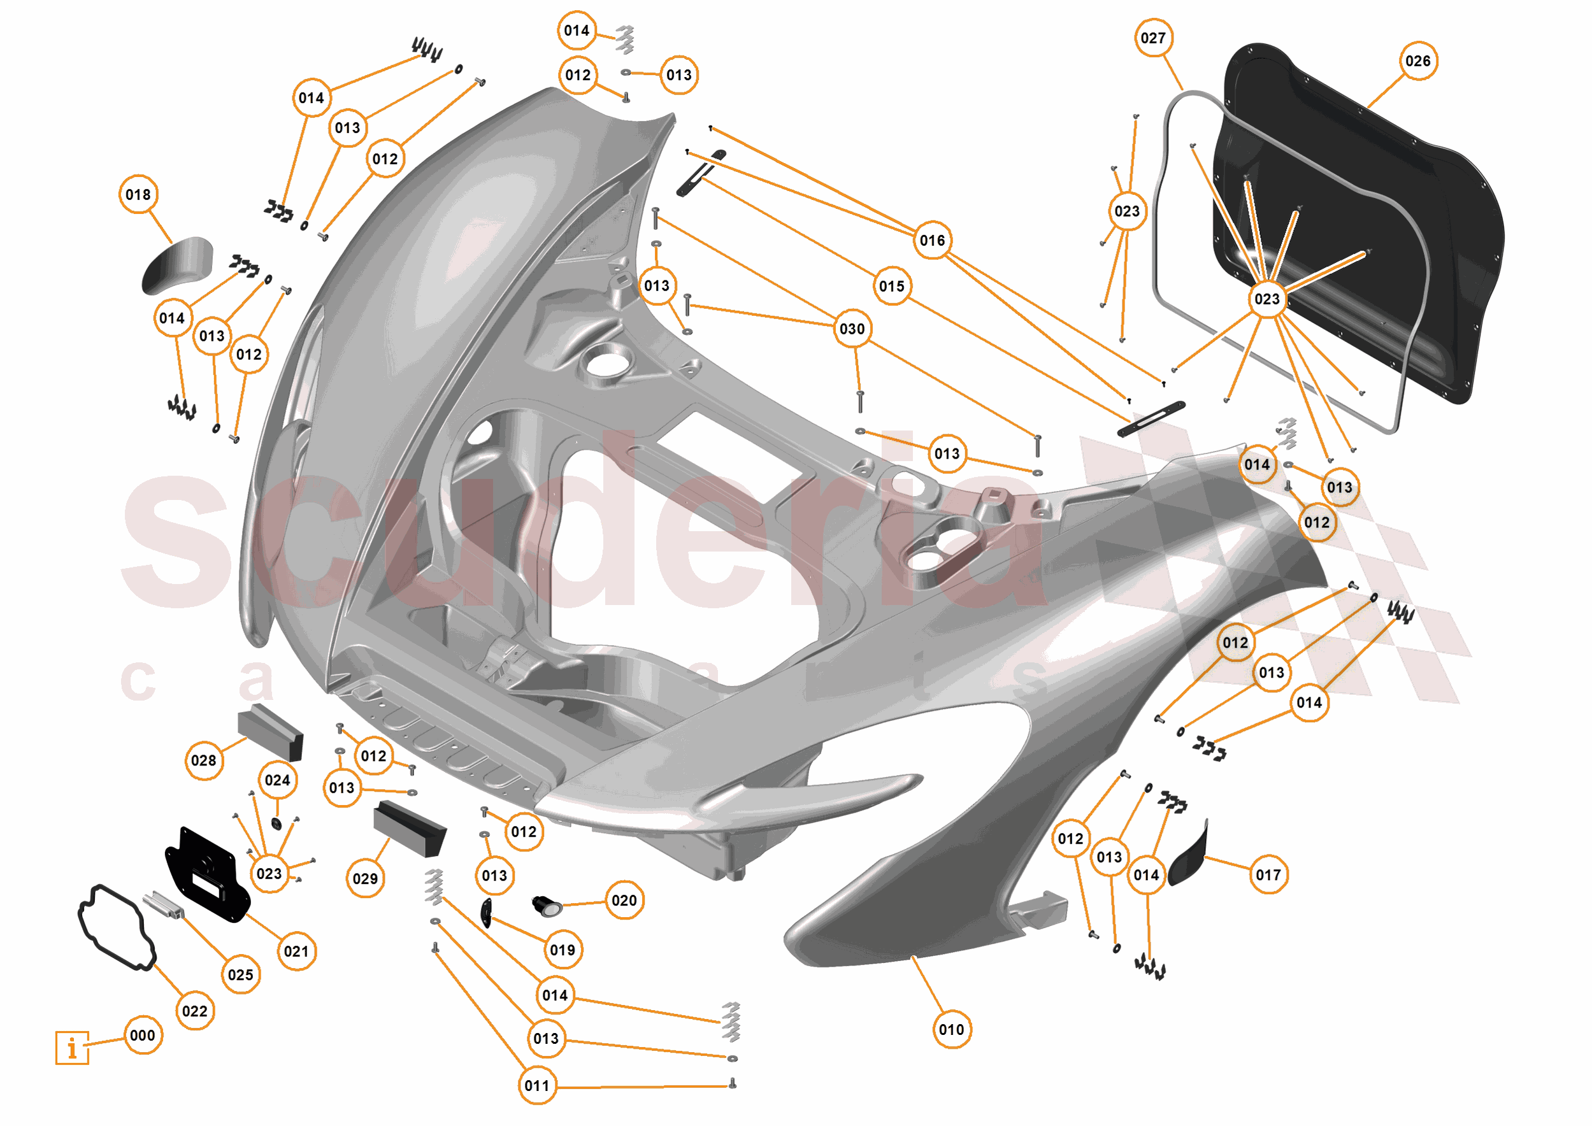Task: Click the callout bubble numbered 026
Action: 1417,61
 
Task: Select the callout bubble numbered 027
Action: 1153,38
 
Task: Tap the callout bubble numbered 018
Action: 138,195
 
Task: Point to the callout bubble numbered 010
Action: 951,1030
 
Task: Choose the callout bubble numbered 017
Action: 1268,875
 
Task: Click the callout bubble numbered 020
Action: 624,901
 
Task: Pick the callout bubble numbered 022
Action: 195,1011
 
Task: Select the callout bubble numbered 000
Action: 143,1036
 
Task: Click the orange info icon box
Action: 72,1048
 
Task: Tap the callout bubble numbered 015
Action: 892,287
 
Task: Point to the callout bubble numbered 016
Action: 933,241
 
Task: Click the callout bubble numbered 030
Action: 852,329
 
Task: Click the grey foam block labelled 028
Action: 270,732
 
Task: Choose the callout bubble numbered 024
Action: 277,781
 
